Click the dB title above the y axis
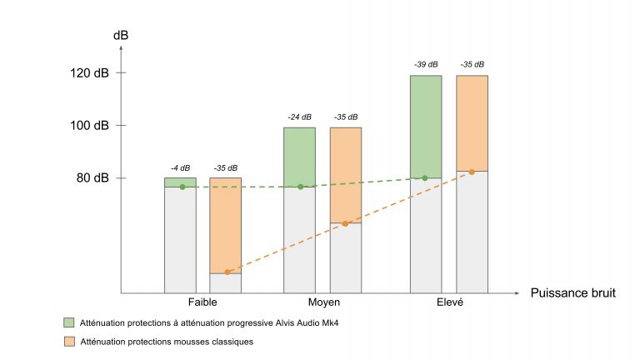point(122,36)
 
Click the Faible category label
point(202,302)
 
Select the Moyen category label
point(322,302)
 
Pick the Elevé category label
point(449,302)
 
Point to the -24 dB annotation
point(298,117)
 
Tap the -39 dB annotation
point(425,65)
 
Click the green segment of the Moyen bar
point(299,157)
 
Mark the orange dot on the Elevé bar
point(472,172)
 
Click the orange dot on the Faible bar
point(227,272)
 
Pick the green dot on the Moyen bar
point(301,187)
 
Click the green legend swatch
point(69,322)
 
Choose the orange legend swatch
point(69,342)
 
